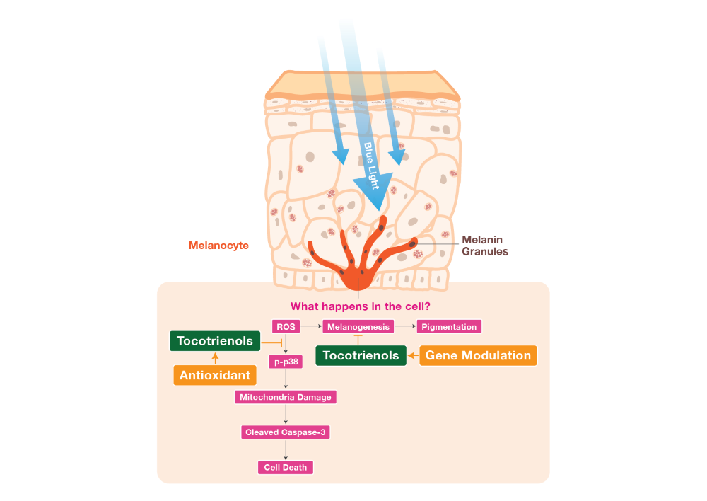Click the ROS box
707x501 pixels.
[286, 327]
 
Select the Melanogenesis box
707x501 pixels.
[357, 327]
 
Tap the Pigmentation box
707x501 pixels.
[450, 327]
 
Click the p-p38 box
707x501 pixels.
[286, 362]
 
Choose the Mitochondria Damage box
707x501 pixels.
[285, 397]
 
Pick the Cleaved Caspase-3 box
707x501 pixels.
[285, 432]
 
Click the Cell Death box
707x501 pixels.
[285, 467]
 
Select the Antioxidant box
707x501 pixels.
[215, 375]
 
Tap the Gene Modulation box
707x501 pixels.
[478, 355]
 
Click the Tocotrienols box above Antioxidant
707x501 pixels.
[215, 341]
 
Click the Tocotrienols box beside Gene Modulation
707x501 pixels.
[361, 355]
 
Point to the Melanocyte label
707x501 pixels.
[218, 246]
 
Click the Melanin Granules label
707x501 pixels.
[484, 246]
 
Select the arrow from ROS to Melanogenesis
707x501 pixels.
[310, 327]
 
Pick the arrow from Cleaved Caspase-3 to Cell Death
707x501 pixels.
[285, 449]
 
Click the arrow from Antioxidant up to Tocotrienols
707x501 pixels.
[215, 357]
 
